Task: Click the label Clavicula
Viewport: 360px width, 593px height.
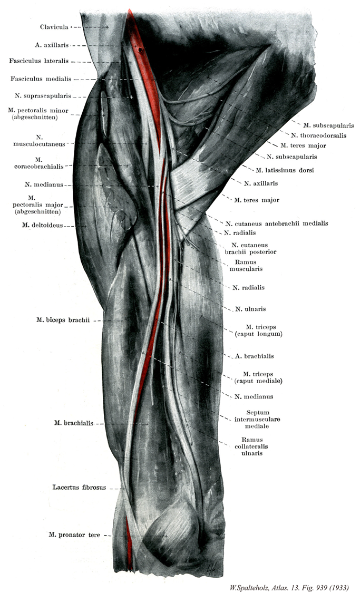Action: pyautogui.click(x=54, y=26)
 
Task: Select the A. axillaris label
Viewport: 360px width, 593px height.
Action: pyautogui.click(x=53, y=45)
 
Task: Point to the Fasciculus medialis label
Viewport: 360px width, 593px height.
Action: pyautogui.click(x=42, y=79)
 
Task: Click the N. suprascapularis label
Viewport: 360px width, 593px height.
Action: pyautogui.click(x=44, y=96)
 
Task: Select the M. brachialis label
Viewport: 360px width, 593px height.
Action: pyautogui.click(x=73, y=423)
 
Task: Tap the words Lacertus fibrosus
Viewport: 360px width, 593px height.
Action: pyautogui.click(x=79, y=488)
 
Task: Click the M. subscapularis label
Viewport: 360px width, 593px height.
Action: pyautogui.click(x=328, y=125)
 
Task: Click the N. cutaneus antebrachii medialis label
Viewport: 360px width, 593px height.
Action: pyautogui.click(x=277, y=223)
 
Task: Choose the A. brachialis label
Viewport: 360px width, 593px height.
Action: pyautogui.click(x=255, y=356)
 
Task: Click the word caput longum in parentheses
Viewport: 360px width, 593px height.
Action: pyautogui.click(x=258, y=334)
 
